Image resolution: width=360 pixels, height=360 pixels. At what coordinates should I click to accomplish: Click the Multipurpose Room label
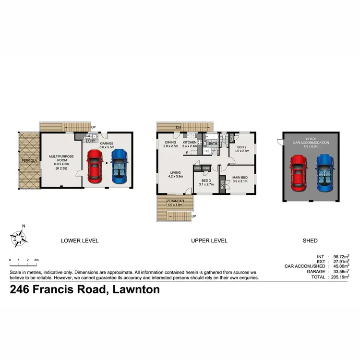60,158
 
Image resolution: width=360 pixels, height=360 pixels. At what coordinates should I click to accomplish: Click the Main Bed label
240,179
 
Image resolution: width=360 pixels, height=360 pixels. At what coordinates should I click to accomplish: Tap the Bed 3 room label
207,181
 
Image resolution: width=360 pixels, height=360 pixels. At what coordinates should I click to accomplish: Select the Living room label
175,174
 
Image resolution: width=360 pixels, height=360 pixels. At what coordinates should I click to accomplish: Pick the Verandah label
175,202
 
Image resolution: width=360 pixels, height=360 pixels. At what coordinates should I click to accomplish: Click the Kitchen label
190,144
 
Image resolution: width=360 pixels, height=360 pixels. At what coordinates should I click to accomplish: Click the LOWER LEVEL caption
80,240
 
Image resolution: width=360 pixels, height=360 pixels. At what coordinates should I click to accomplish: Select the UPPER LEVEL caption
209,240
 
